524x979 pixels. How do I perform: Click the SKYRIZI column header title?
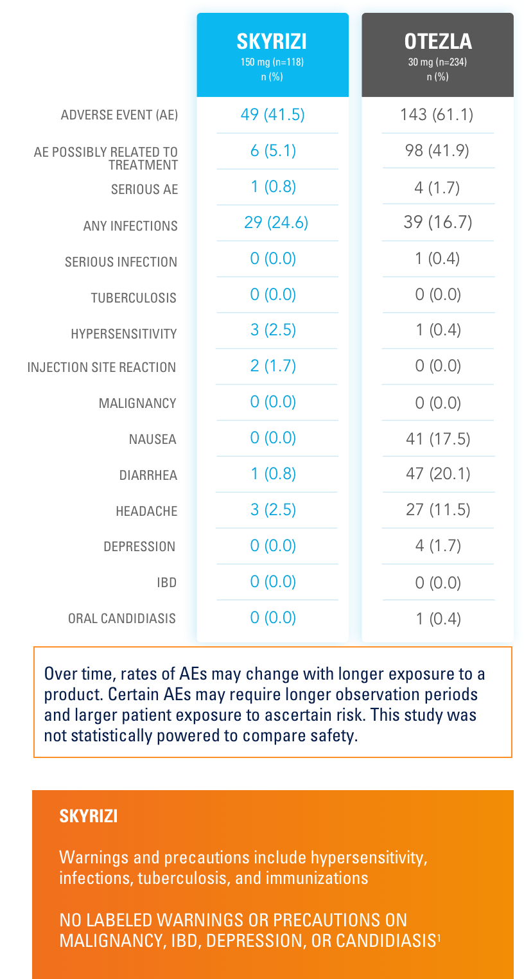[x=272, y=42]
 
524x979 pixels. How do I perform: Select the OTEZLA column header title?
[x=438, y=42]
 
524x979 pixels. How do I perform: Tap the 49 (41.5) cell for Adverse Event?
[x=272, y=115]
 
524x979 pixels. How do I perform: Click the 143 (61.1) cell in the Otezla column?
[x=437, y=115]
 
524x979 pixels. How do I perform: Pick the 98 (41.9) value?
[x=437, y=150]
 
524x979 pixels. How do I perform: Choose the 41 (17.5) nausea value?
[x=438, y=439]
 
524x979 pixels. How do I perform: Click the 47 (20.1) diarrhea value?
[x=438, y=474]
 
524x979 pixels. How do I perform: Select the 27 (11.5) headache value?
[x=438, y=510]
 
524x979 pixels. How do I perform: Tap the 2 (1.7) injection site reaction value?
[x=273, y=366]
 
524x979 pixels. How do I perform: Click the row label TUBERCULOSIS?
[x=134, y=298]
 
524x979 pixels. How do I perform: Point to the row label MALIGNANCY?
[x=137, y=403]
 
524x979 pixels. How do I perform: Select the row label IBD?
[x=166, y=583]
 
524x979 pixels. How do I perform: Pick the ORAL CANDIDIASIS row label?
[x=122, y=619]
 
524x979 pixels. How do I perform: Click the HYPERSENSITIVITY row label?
[x=124, y=334]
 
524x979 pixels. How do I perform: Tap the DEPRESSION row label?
[x=139, y=547]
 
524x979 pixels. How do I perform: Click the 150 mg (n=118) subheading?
[x=272, y=63]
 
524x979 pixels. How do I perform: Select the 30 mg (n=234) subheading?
[x=438, y=63]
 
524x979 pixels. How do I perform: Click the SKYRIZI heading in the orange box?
[x=88, y=816]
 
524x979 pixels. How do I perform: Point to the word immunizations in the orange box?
[x=322, y=878]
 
